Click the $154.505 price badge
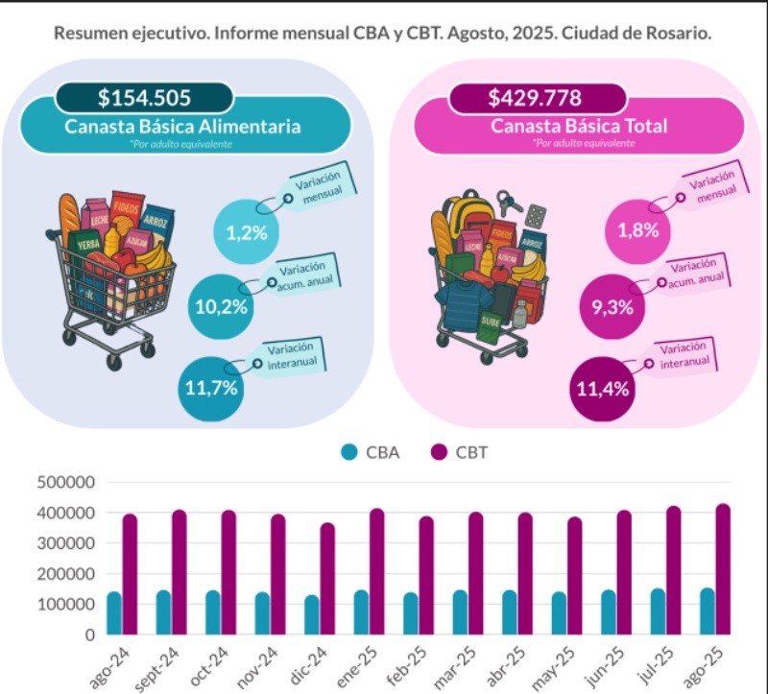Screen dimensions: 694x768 144,97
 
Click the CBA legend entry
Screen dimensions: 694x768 371,452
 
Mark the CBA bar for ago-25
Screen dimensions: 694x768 707,610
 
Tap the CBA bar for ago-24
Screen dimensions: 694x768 114,612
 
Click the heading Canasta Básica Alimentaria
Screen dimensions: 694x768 182,127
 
